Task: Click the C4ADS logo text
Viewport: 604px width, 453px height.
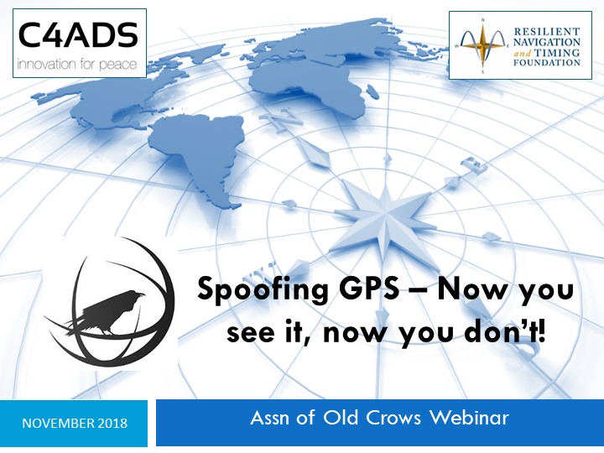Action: tap(78, 34)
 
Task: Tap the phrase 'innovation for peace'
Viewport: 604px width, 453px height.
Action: tap(77, 64)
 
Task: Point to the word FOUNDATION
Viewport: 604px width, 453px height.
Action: tap(547, 62)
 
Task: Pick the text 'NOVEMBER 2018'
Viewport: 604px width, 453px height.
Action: tap(75, 424)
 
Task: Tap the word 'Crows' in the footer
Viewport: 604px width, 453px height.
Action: tap(393, 418)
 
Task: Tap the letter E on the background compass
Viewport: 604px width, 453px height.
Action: tap(475, 165)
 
